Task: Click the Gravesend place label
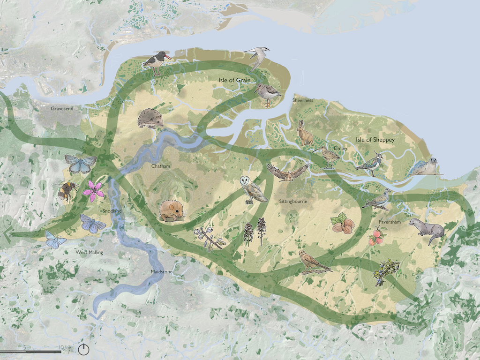pos(62,109)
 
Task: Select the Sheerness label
pos(303,100)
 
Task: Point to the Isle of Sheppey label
pos(375,140)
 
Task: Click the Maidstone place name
pos(162,271)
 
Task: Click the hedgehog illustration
pos(150,119)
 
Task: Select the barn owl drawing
pos(251,189)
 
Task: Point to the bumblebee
pos(65,191)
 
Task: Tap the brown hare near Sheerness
pos(305,134)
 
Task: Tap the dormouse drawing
pos(172,210)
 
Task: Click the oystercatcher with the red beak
pos(157,62)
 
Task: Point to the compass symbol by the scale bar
pos(83,349)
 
